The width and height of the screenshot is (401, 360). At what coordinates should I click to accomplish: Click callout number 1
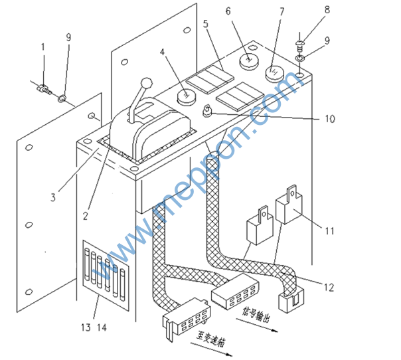coord(43,47)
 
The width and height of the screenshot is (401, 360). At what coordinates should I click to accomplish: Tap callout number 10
coord(329,120)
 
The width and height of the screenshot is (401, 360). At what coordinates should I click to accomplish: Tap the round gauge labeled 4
coord(184,97)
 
